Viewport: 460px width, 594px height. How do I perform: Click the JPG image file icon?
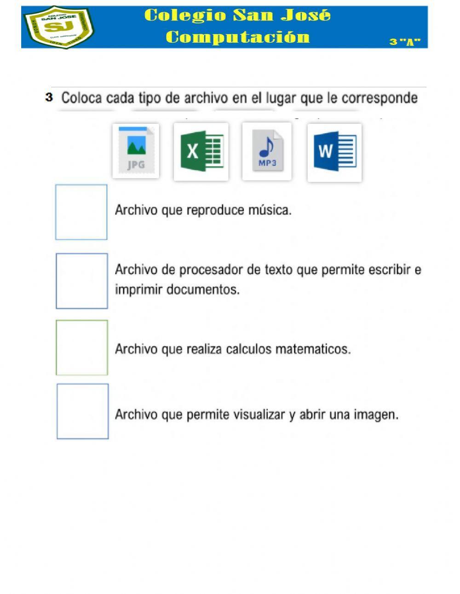(x=136, y=151)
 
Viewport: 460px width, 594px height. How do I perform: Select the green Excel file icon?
(x=201, y=151)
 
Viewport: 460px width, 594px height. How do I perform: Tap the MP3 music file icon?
(x=267, y=151)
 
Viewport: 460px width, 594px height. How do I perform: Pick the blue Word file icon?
(x=334, y=152)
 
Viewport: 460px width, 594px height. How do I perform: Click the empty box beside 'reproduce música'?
(x=81, y=212)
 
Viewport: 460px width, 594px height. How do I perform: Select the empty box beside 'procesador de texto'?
(x=82, y=281)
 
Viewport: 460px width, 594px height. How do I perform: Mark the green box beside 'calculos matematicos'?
(x=82, y=348)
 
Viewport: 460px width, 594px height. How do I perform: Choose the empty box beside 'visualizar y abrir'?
(x=83, y=411)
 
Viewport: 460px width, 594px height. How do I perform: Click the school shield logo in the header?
(x=59, y=27)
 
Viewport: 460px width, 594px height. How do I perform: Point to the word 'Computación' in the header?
(x=238, y=37)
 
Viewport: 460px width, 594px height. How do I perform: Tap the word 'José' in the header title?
(x=306, y=16)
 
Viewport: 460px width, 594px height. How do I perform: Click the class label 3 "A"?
(x=405, y=42)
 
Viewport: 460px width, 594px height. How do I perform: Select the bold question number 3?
(x=49, y=98)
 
